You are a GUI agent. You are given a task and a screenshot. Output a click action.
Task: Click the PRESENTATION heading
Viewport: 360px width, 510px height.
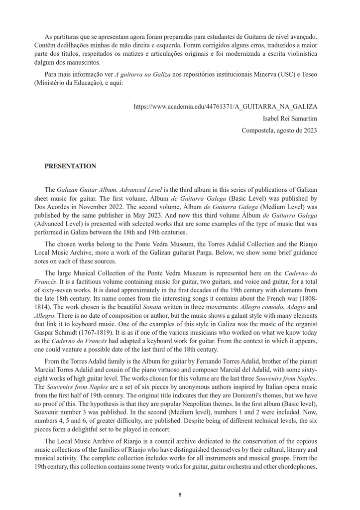(x=70, y=166)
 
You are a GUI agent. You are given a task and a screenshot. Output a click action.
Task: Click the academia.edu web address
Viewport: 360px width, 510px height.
(x=226, y=107)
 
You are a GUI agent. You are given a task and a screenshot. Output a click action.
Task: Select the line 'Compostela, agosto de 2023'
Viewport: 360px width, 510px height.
(x=279, y=130)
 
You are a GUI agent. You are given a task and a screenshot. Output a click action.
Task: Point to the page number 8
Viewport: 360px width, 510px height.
(x=180, y=495)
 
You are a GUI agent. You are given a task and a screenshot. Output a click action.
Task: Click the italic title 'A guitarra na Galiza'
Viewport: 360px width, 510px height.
(x=143, y=75)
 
